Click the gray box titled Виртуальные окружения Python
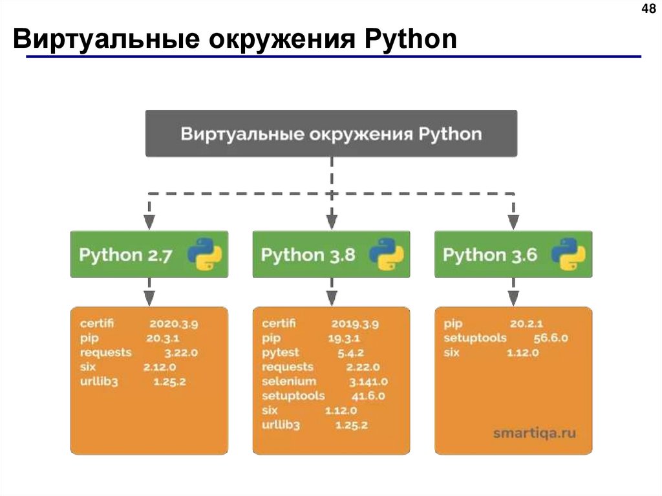[331, 134]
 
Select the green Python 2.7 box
[149, 254]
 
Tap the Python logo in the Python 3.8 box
[387, 254]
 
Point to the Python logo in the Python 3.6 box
[568, 254]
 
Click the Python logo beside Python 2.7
[204, 254]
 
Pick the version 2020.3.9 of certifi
[174, 323]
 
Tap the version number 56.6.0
[550, 338]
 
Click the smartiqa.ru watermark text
[534, 433]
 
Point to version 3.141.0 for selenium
[368, 382]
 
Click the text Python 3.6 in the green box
[490, 254]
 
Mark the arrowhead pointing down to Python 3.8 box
[331, 222]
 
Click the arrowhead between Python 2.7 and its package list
[149, 298]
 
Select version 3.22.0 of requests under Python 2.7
[181, 352]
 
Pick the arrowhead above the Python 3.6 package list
[513, 298]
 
